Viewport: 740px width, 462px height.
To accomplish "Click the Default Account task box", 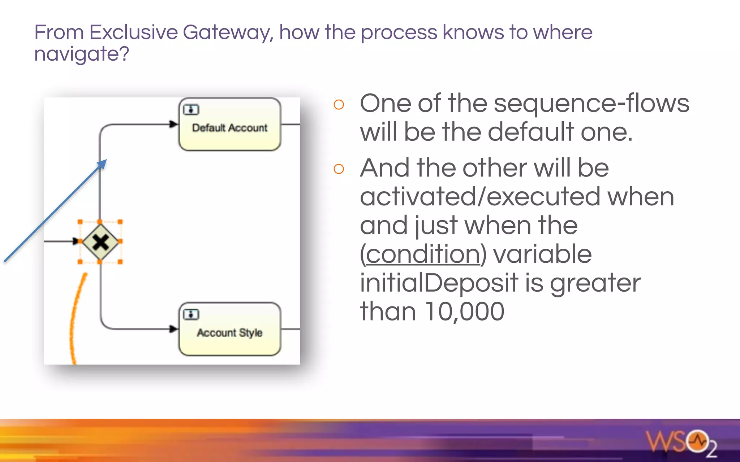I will pyautogui.click(x=230, y=125).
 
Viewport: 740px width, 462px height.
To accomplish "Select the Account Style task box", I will pyautogui.click(x=230, y=329).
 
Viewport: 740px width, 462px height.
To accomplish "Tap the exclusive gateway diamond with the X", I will pyautogui.click(x=100, y=241).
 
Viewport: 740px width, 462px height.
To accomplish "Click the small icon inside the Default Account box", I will pyautogui.click(x=191, y=109).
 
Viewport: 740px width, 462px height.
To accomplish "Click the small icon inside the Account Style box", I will pyautogui.click(x=191, y=314).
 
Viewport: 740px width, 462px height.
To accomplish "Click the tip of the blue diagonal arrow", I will pyautogui.click(x=104, y=161).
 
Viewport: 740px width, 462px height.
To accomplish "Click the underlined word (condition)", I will pyautogui.click(x=423, y=254).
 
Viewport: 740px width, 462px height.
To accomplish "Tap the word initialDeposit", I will pyautogui.click(x=439, y=283).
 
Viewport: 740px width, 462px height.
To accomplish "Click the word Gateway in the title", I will pyautogui.click(x=228, y=32).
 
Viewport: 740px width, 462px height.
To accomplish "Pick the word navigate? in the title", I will pyautogui.click(x=82, y=54).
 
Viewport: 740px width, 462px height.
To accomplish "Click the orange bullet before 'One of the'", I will pyautogui.click(x=339, y=105).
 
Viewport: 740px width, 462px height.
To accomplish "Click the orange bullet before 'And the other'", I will pyautogui.click(x=339, y=169).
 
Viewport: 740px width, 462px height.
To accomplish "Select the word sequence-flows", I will pyautogui.click(x=591, y=104).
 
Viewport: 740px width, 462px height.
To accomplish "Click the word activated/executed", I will pyautogui.click(x=481, y=197).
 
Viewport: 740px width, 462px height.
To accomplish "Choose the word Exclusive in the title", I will pyautogui.click(x=133, y=32).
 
